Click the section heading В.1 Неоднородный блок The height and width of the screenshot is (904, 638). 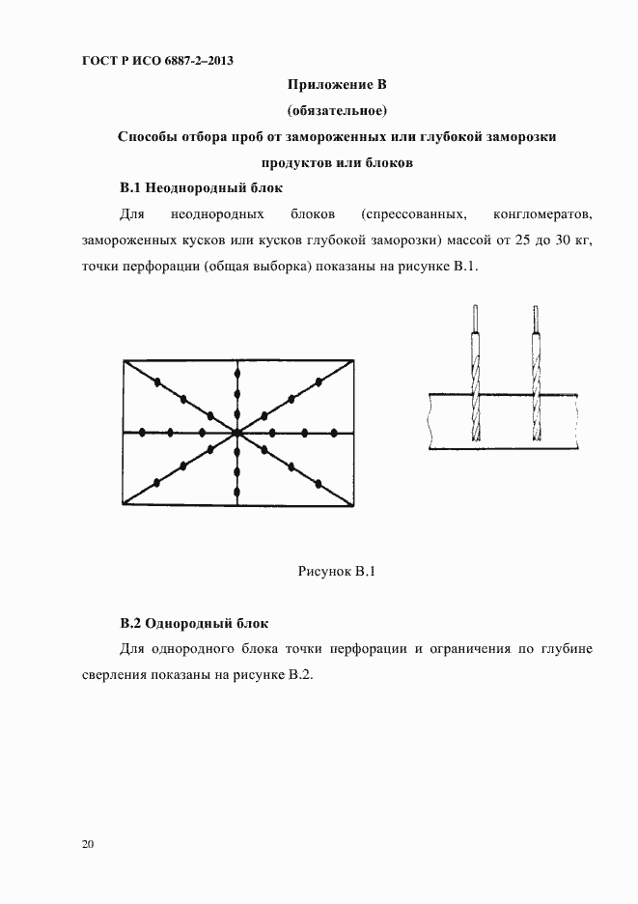tap(200, 187)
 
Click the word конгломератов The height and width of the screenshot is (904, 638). tap(541, 212)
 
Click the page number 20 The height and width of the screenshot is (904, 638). tap(88, 845)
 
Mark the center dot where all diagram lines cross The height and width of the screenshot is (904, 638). tap(237, 433)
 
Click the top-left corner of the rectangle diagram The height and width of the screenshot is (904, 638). tap(125, 360)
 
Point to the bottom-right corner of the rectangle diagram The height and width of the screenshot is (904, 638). tap(353, 507)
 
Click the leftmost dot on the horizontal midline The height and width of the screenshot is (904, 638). tap(143, 432)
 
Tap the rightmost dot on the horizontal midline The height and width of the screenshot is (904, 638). tap(335, 432)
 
